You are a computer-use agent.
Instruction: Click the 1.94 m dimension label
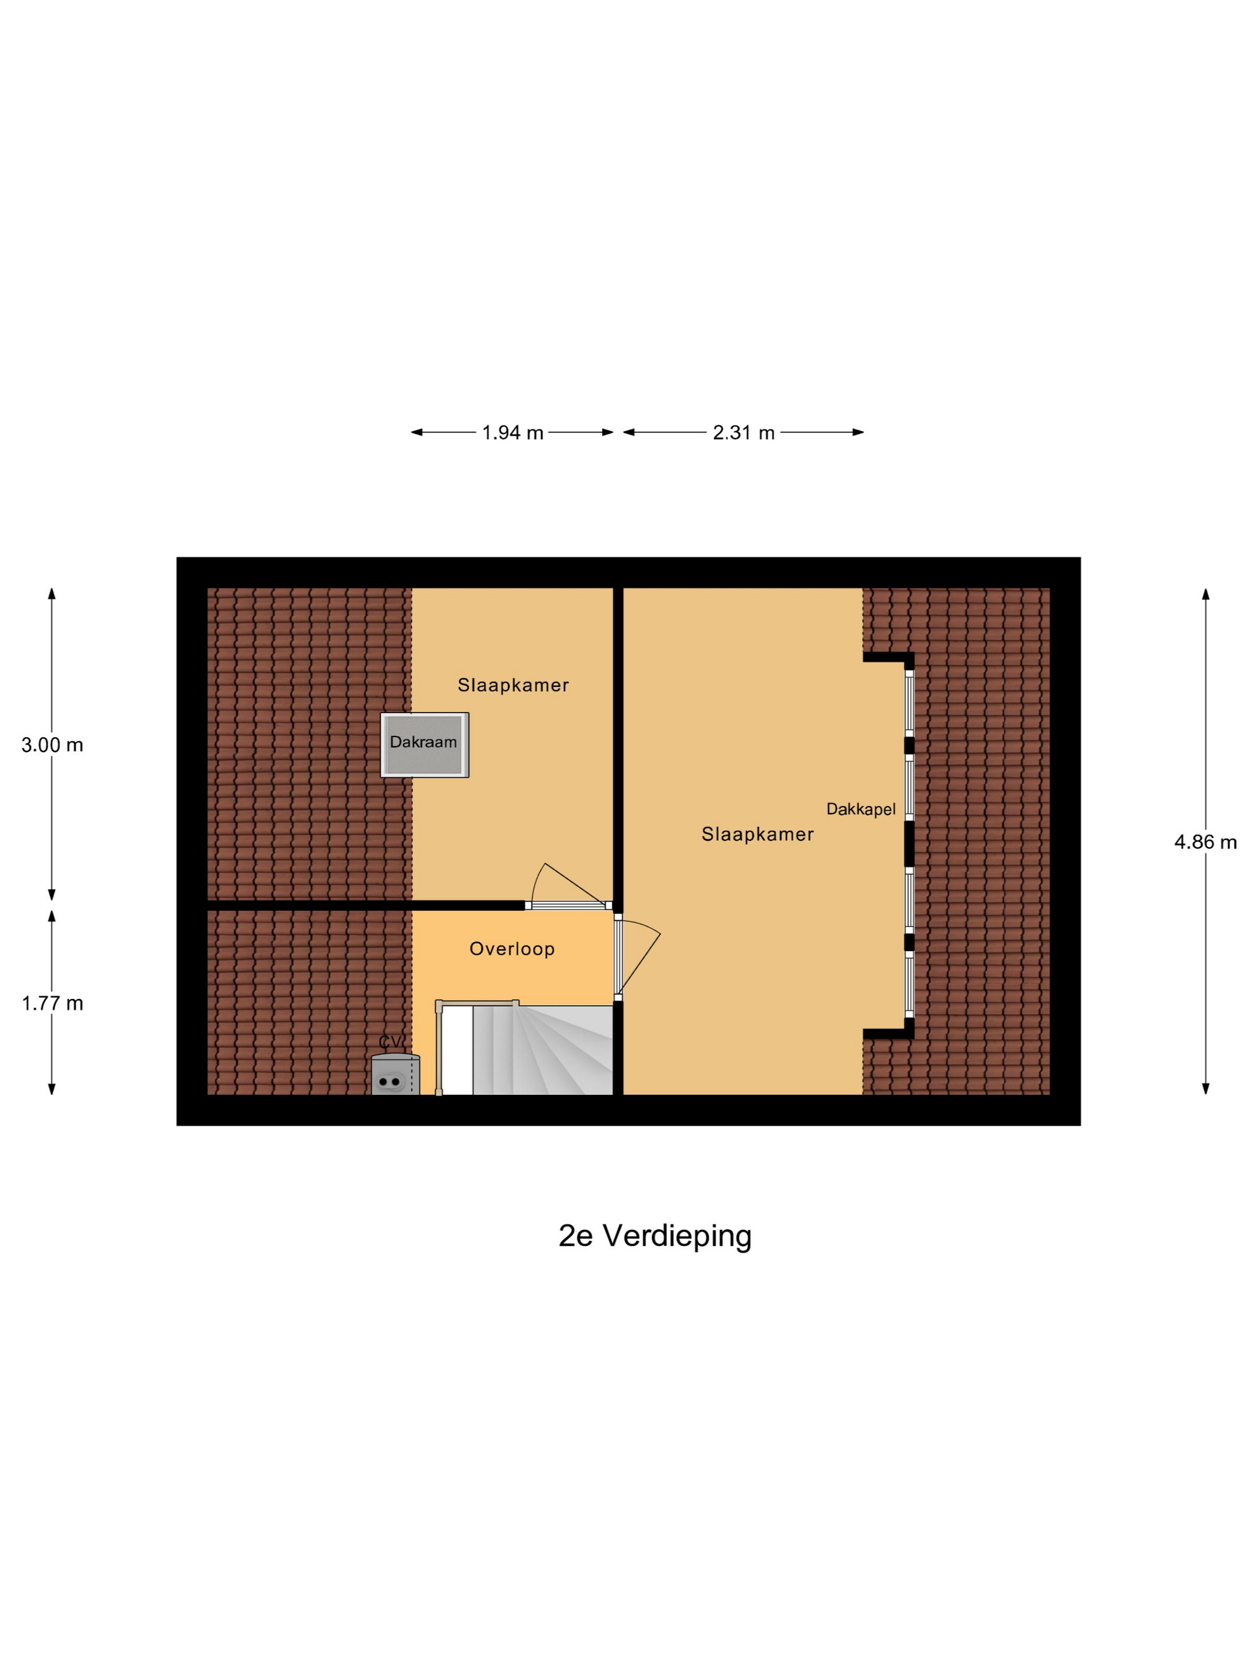pos(513,433)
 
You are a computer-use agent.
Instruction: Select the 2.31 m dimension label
pos(743,433)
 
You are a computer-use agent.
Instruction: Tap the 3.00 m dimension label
pos(52,745)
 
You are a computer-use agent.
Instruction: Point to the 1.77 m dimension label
pos(52,1003)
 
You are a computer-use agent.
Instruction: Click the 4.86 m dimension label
pos(1205,841)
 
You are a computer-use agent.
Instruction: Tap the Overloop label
pos(512,948)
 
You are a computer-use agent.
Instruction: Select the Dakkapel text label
pos(861,808)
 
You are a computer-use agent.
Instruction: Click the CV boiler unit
pos(395,1076)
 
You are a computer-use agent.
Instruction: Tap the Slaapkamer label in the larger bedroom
pos(757,834)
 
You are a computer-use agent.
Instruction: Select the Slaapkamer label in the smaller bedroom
pos(513,685)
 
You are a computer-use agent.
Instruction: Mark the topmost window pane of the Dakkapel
pos(909,701)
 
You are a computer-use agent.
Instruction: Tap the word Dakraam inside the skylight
pos(423,742)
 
